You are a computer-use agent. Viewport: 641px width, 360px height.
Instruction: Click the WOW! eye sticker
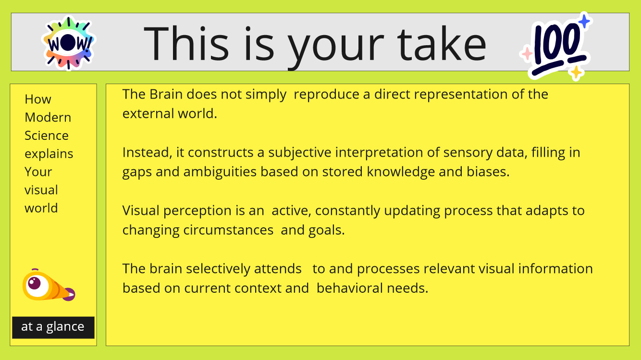68,43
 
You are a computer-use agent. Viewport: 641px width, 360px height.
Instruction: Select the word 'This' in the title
186,43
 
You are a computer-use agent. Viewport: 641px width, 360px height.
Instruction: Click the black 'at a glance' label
53,327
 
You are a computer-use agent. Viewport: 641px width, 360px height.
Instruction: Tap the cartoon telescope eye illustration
49,285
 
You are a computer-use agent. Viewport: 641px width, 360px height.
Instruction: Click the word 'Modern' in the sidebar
48,117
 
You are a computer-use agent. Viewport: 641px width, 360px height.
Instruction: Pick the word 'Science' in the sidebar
46,136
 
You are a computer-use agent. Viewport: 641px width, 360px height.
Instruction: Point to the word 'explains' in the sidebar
49,154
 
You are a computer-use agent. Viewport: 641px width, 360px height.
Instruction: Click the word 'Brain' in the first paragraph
166,94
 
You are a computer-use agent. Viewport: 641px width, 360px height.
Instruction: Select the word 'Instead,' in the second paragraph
147,153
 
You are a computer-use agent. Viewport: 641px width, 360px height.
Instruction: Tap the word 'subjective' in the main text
300,153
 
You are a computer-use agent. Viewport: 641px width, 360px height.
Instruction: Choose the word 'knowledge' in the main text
401,172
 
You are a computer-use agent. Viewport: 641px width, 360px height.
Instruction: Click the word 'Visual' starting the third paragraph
141,211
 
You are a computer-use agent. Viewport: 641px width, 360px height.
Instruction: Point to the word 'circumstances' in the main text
228,230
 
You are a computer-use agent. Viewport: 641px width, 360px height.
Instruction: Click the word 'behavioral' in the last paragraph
350,288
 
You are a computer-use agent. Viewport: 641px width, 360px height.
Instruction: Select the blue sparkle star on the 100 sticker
584,21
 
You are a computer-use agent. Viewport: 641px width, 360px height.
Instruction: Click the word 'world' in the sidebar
41,208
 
